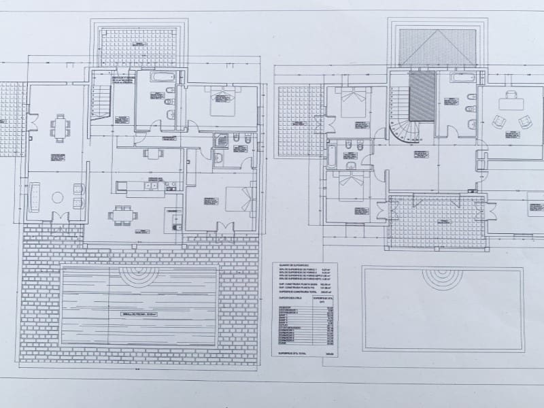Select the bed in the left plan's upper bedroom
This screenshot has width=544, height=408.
pos(222,100)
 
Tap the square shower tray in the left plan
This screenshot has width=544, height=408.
pos(222,141)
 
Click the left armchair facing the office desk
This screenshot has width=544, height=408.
pos(500,122)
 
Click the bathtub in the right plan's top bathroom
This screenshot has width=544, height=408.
pos(457,80)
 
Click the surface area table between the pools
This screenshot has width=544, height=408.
pos(305,309)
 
